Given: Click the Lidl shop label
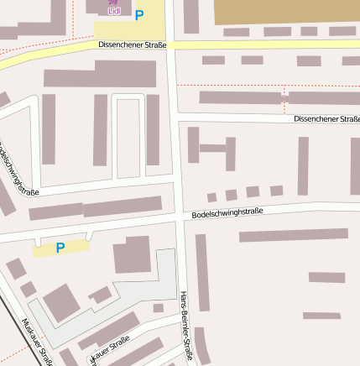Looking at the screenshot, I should pyautogui.click(x=114, y=10).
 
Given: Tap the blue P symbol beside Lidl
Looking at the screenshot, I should pyautogui.click(x=139, y=15).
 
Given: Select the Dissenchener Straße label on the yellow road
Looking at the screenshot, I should pyautogui.click(x=133, y=45).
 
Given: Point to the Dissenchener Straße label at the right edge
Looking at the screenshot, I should pyautogui.click(x=326, y=119).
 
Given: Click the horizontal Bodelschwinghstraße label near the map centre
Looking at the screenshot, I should pyautogui.click(x=227, y=214).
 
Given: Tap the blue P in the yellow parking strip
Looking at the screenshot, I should pyautogui.click(x=60, y=248).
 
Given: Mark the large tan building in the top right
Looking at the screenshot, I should pyautogui.click(x=286, y=11).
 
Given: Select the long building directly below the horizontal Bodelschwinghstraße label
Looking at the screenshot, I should pyautogui.click(x=293, y=235).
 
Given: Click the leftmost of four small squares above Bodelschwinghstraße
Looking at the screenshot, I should pyautogui.click(x=211, y=198).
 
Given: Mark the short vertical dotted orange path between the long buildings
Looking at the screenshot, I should pyautogui.click(x=285, y=91).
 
